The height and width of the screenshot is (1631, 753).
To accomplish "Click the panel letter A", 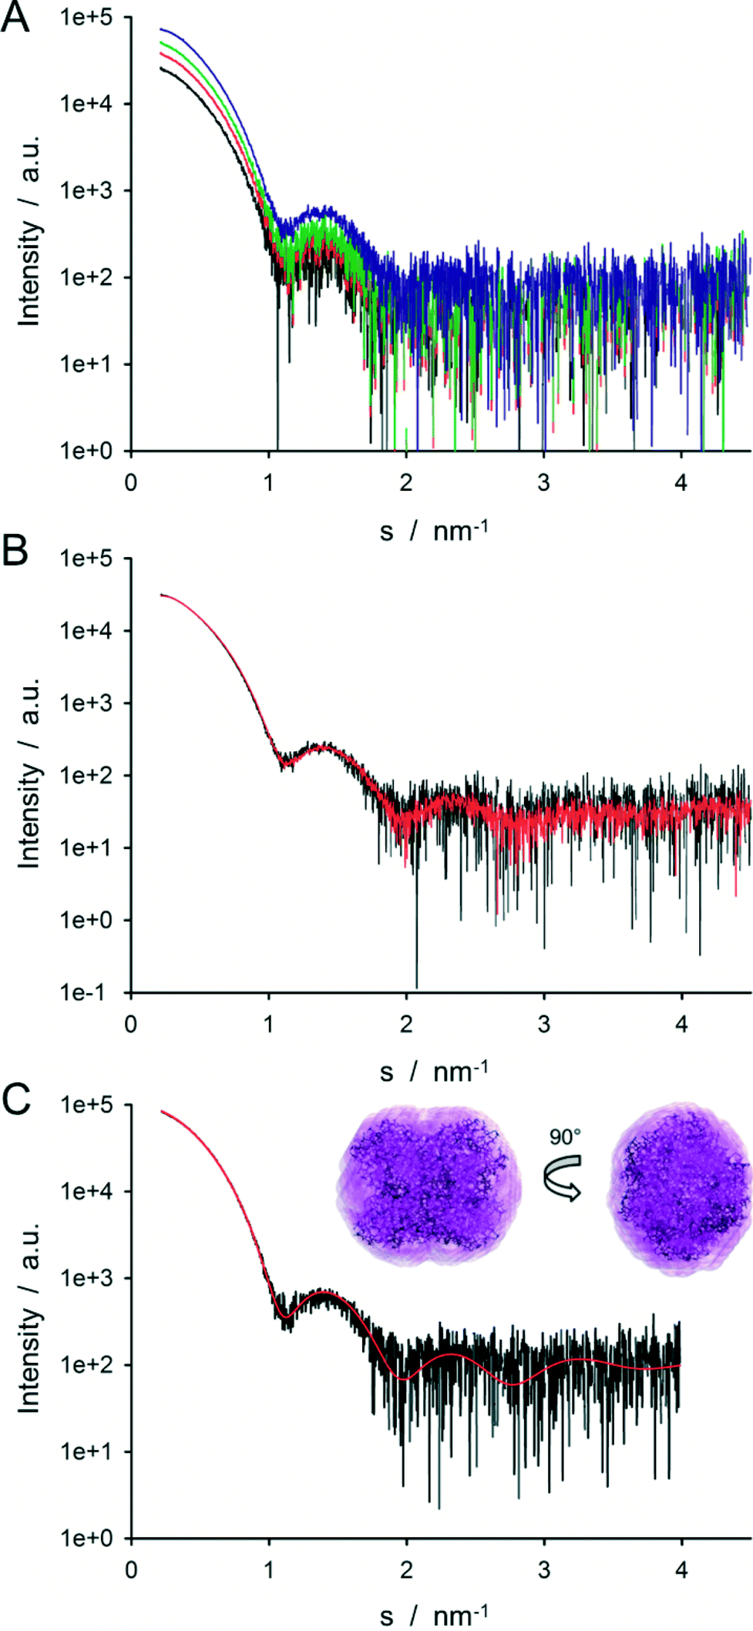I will pos(15,17).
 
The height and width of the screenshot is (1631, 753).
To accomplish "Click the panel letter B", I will pos(15,551).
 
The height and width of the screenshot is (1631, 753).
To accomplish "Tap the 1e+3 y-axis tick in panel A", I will pos(86,190).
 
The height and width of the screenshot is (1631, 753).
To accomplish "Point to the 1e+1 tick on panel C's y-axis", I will pos(86,1451).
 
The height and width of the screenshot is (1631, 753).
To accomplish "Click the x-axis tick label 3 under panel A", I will pos(543,483).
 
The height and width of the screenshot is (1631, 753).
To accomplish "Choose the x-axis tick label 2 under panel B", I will pos(406,1025).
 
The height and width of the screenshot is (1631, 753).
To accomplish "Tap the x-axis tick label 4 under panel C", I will pos(681,1569).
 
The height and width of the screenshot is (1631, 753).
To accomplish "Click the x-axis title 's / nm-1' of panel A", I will pos(434,530).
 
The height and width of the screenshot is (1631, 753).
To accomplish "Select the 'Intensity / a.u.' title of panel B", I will pos(29,774).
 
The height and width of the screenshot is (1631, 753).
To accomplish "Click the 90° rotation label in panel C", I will pos(565,1136).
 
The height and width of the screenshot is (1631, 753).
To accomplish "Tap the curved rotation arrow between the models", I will pos(563,1177).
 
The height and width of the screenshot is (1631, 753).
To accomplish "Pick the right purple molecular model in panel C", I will pos(679,1187).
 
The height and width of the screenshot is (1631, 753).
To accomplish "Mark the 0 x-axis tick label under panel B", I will pos(131,1025).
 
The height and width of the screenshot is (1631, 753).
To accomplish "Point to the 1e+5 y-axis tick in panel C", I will pos(86,1105).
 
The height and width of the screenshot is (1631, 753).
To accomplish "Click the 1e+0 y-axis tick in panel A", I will pos(86,451).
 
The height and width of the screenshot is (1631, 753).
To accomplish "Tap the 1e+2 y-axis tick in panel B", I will pos(86,775).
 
